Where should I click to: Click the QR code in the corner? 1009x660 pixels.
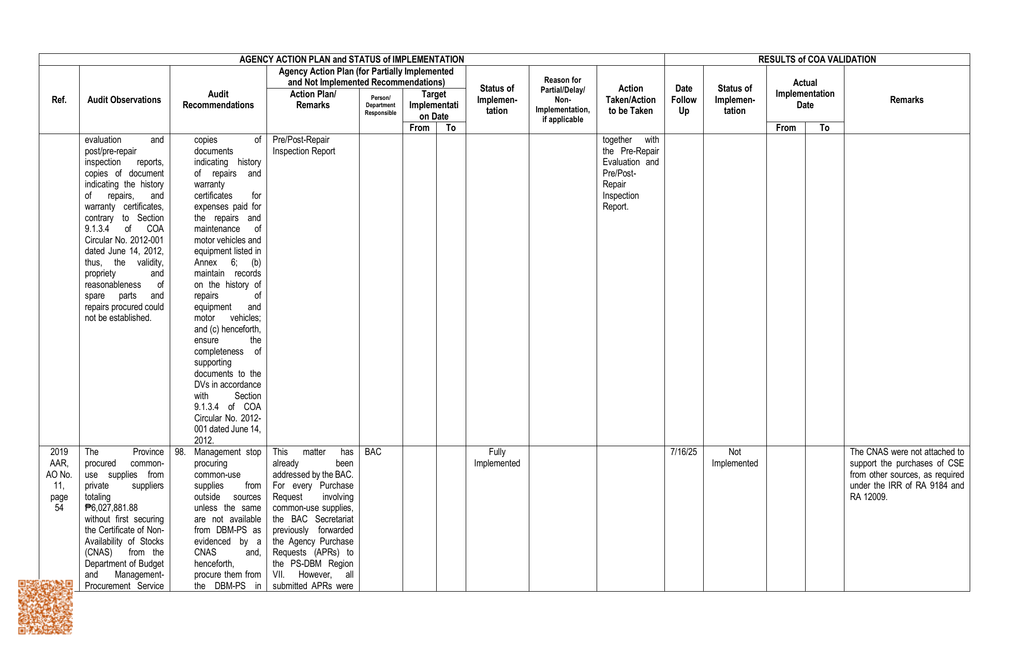pos(46,607)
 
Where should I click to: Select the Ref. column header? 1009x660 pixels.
pos(59,100)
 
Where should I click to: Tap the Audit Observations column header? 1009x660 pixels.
pos(124,100)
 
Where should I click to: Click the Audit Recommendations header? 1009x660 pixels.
pos(218,100)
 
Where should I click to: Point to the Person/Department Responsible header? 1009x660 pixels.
pos(380,105)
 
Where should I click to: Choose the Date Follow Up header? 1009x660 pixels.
pos(684,100)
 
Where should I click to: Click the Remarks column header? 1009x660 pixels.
pos(907,100)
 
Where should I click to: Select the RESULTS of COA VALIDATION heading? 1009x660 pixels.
pos(817,60)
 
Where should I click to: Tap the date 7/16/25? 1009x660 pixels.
pos(684,452)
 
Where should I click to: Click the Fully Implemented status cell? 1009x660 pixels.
pos(497,458)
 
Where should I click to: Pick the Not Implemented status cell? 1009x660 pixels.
pos(734,458)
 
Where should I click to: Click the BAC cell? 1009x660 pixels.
pos(373,452)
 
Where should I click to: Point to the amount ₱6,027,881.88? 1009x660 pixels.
pos(111,508)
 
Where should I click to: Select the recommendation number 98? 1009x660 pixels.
pos(180,452)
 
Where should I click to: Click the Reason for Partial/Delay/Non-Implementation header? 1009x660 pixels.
pos(562,100)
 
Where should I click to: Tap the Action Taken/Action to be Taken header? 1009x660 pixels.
pos(630,100)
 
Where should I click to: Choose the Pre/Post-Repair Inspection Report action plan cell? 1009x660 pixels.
pos(304,145)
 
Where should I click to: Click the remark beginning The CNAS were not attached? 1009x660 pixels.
pos(907,474)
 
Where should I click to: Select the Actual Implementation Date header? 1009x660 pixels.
pos(805,94)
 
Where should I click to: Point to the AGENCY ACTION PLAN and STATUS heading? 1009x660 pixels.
pos(351,60)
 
